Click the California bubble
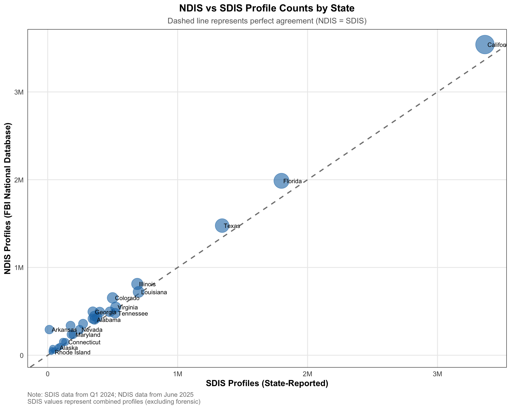tap(485, 44)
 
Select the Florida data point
tap(281, 181)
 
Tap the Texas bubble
tap(222, 226)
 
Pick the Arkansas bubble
tap(49, 329)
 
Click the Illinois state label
tap(147, 284)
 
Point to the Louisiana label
tap(154, 292)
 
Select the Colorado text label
tap(127, 298)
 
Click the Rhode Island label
tap(72, 353)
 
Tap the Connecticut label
tap(84, 342)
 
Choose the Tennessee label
tap(133, 314)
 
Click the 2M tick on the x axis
tap(307, 374)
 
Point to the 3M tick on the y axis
tap(19, 92)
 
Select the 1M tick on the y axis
tap(19, 268)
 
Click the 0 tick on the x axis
tap(48, 374)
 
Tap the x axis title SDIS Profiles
tap(267, 383)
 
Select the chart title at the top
tap(267, 9)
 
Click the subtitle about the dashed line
tap(267, 21)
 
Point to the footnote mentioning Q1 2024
tap(110, 394)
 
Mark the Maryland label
tap(88, 335)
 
